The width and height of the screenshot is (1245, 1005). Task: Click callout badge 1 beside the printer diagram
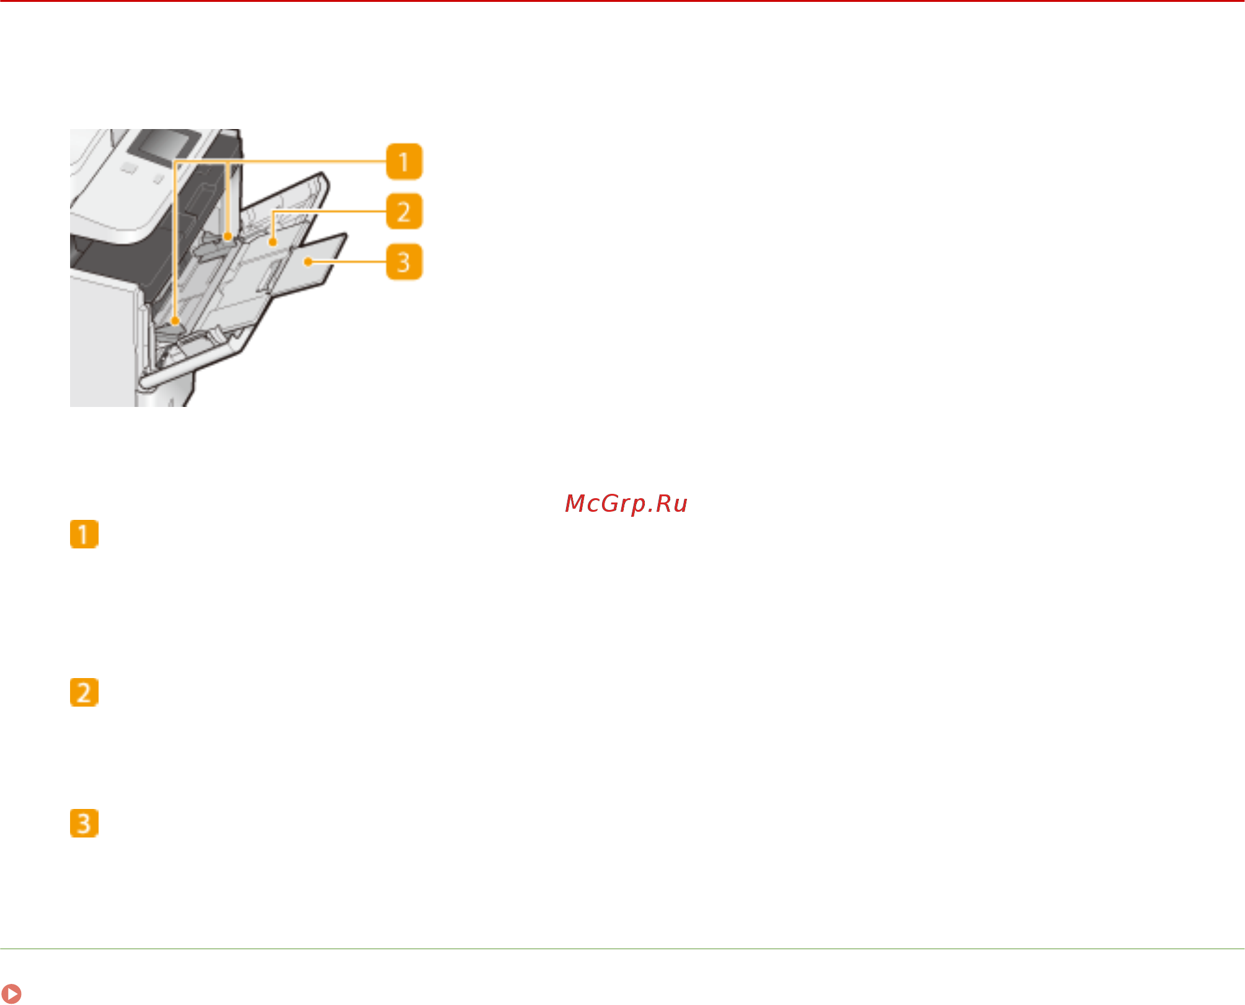click(404, 162)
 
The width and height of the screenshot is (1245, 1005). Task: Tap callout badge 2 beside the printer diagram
click(404, 212)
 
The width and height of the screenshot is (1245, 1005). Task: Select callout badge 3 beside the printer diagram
click(404, 262)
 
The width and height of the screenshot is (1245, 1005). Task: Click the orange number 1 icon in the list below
click(84, 534)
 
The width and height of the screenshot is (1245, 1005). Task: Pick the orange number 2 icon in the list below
click(84, 692)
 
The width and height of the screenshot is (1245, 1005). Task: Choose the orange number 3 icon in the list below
click(84, 823)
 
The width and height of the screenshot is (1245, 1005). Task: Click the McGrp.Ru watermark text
click(626, 504)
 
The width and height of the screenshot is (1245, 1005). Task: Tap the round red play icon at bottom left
click(11, 993)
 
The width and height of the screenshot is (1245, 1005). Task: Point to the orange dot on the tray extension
click(308, 262)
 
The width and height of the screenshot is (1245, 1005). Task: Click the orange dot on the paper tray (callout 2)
click(272, 242)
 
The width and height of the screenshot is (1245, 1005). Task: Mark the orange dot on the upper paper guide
click(228, 236)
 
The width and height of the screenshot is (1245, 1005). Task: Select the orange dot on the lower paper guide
click(175, 321)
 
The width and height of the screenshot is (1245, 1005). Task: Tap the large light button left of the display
click(128, 167)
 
